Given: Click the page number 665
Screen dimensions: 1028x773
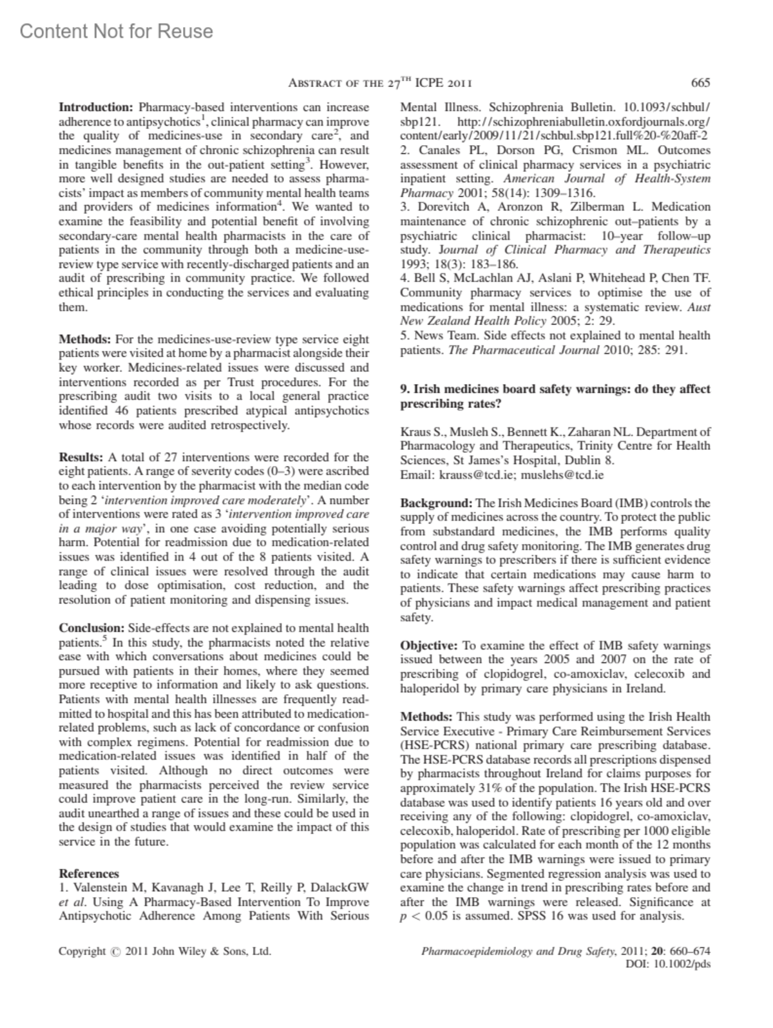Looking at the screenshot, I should [x=700, y=82].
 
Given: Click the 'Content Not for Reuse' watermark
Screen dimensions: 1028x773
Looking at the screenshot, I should [x=116, y=31].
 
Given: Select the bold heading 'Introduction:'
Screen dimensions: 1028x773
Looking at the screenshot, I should [x=95, y=107].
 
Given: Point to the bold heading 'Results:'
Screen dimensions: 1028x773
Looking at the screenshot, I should [x=81, y=458].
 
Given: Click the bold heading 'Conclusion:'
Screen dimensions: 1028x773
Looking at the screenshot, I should [x=91, y=628].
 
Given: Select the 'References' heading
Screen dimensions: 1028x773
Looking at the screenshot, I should [x=89, y=874].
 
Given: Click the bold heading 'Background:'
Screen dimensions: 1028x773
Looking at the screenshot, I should [x=436, y=503].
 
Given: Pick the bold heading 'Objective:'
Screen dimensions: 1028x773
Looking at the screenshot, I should [x=429, y=645].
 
